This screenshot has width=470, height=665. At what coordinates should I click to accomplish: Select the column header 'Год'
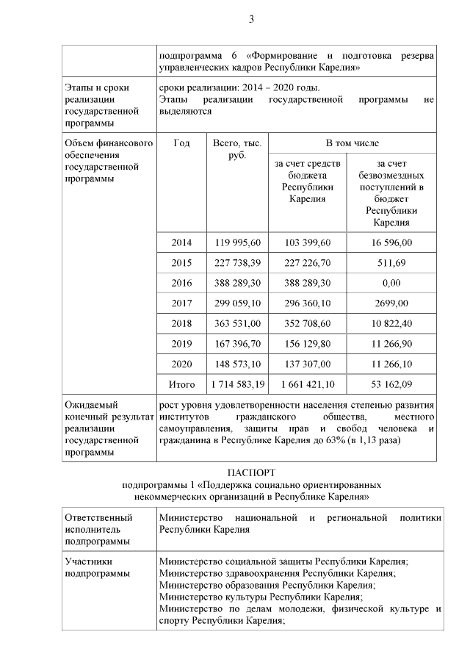(x=181, y=143)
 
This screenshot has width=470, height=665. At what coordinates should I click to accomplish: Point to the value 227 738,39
(x=237, y=263)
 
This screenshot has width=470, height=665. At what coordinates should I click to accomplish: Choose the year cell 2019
(x=181, y=343)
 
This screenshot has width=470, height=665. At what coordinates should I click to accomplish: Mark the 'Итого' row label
(x=181, y=384)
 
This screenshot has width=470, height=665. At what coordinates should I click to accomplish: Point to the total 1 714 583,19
(x=237, y=384)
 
